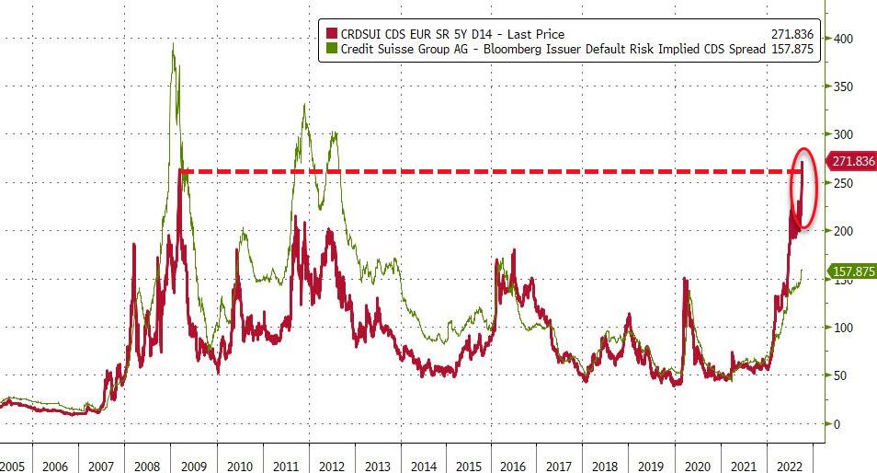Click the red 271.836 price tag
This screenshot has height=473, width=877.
(x=852, y=161)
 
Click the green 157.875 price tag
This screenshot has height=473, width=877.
(x=852, y=271)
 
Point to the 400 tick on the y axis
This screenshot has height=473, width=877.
(x=842, y=39)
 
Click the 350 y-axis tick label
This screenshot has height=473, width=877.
(x=842, y=87)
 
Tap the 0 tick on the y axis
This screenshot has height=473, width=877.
(x=836, y=424)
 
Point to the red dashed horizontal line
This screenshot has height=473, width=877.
(x=460, y=171)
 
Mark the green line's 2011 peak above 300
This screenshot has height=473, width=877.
(x=304, y=105)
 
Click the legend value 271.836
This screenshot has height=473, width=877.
(x=790, y=34)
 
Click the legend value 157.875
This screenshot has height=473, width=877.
(x=790, y=49)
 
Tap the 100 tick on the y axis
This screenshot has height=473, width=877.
(x=842, y=328)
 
